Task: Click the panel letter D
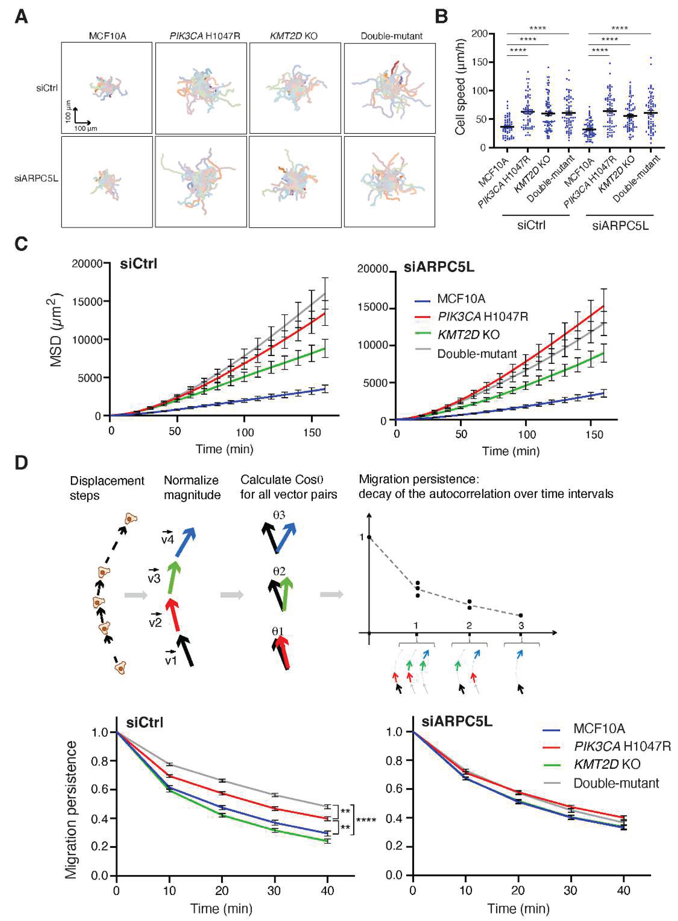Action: pos(21,463)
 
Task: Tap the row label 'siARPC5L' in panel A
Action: pos(36,179)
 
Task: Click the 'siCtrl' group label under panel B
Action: pos(531,225)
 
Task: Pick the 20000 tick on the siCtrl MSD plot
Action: pos(87,264)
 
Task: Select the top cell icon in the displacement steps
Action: pos(130,519)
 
